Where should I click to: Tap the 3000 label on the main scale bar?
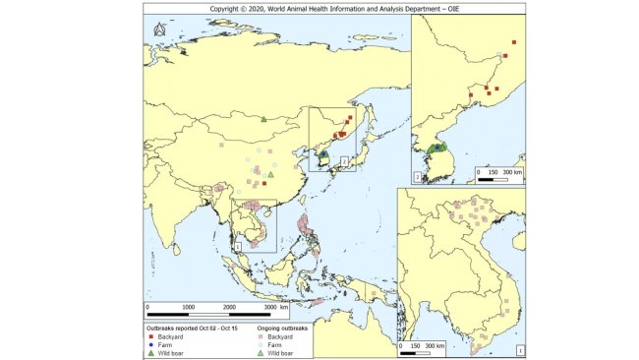pos(270,307)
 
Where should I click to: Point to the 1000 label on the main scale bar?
pos(188,307)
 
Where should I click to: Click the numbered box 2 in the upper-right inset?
pos(418,177)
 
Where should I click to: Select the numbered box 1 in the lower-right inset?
pos(518,348)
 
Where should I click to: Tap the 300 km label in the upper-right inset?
pos(512,171)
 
